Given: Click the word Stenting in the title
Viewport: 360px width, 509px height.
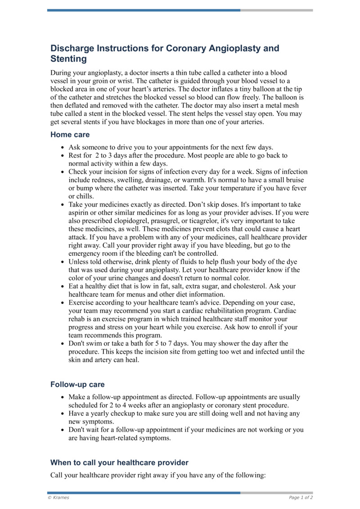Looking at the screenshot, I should click(x=68, y=59).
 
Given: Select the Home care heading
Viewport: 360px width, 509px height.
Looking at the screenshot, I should click(x=70, y=135).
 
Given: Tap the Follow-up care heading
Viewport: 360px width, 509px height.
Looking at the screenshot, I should click(x=77, y=385).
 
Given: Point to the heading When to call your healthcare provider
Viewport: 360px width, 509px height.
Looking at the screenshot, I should click(x=119, y=463).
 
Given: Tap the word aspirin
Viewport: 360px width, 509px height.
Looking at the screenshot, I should click(x=79, y=212).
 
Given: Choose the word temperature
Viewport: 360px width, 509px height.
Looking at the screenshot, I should click(x=235, y=188).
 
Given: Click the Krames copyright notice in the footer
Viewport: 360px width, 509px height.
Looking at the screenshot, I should click(x=58, y=497).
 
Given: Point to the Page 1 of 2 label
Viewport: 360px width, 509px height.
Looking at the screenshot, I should click(x=301, y=497).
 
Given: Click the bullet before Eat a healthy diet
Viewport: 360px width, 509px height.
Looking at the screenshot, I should click(x=62, y=286).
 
